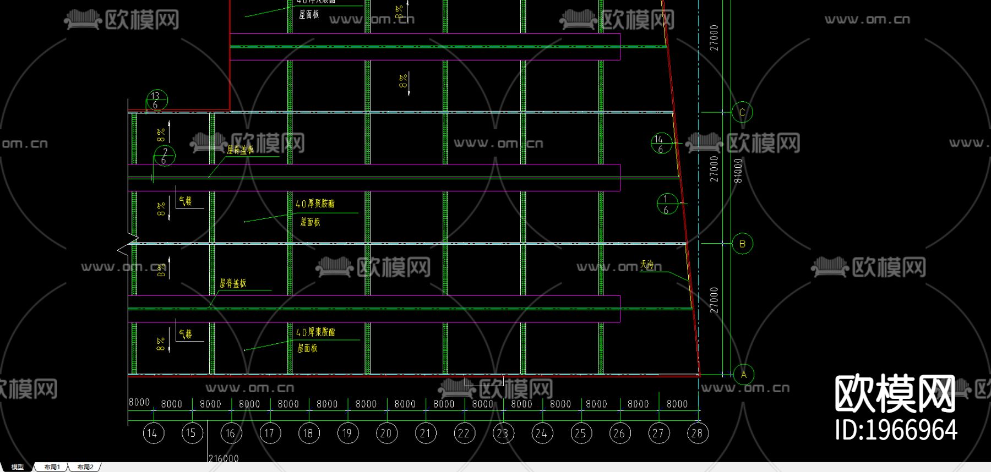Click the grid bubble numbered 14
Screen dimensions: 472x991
[x=153, y=433]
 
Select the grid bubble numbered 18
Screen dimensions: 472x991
[x=308, y=433]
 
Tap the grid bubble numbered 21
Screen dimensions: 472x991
[x=425, y=433]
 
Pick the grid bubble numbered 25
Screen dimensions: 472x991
[x=580, y=433]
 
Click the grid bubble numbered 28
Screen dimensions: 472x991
[x=697, y=433]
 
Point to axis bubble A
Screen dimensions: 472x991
[x=744, y=375]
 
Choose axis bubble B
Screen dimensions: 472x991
[x=742, y=244]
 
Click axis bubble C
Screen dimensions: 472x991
[x=742, y=113]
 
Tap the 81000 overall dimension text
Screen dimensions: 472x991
[x=738, y=171]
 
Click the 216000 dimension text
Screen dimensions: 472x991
[x=224, y=458]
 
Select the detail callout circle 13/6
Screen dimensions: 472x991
[x=156, y=101]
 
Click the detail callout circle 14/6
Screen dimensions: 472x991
[x=661, y=144]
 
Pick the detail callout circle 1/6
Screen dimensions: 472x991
[x=667, y=204]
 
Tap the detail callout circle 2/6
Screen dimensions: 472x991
[x=164, y=156]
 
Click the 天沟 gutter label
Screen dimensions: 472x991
[x=647, y=265]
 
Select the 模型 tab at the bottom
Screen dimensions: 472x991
[x=18, y=467]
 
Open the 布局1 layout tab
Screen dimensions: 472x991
[x=52, y=467]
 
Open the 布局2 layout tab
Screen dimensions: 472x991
[x=85, y=467]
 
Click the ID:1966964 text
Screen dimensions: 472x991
[x=896, y=430]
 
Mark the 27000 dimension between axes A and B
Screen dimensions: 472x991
[x=714, y=300]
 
